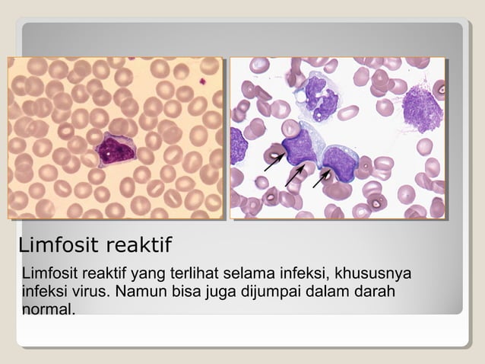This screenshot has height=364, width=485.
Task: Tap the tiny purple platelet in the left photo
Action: coord(203,80)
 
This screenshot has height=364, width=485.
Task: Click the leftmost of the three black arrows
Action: coord(274,162)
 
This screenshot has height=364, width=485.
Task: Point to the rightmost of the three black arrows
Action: coord(322,178)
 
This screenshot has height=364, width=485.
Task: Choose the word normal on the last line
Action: coord(49,310)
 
